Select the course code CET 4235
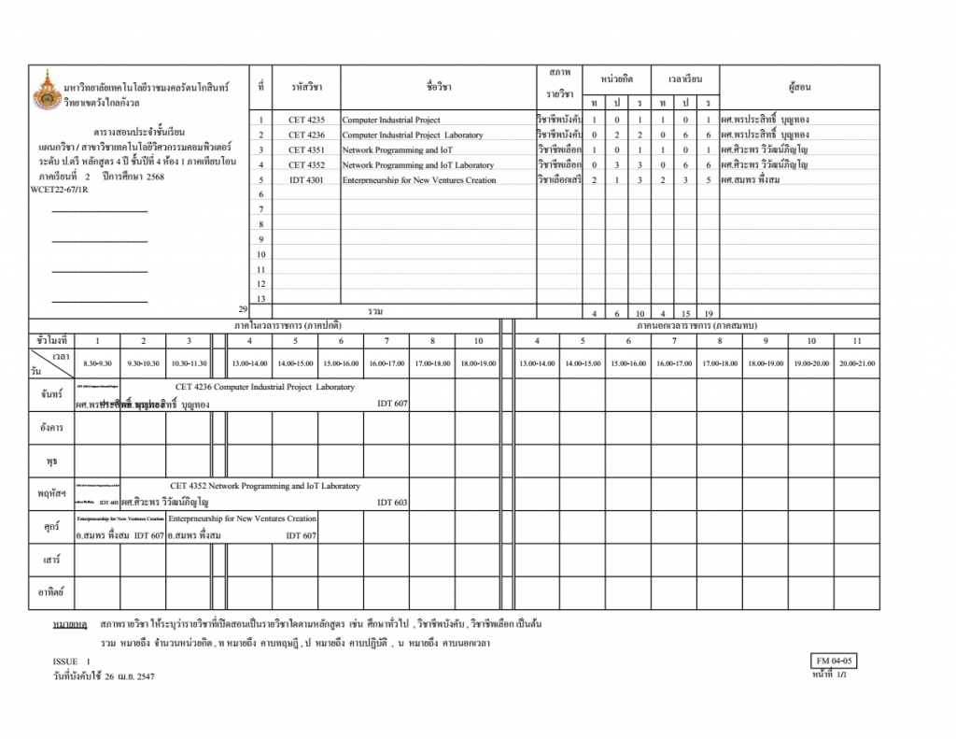(306, 121)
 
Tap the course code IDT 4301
(306, 180)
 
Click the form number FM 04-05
(835, 661)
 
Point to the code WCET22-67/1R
(59, 189)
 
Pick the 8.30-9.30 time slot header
(97, 362)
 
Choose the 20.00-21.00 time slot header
(856, 362)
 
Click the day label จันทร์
(51, 395)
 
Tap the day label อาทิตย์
(51, 592)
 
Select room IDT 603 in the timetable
(392, 503)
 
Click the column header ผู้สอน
(799, 87)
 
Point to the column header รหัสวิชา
(306, 87)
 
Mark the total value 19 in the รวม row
(709, 313)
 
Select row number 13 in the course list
(261, 299)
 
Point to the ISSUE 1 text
(72, 661)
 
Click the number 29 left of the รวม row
(243, 307)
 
